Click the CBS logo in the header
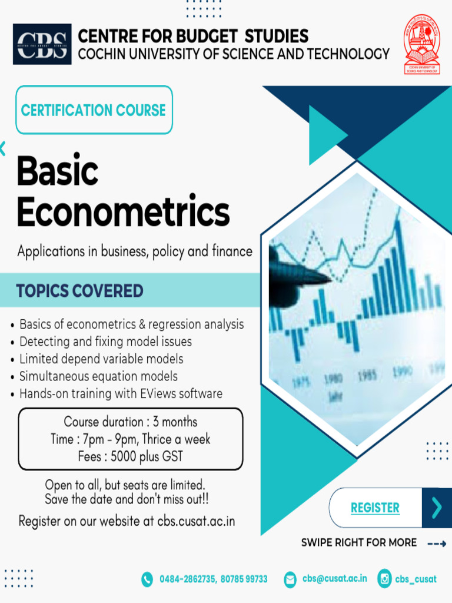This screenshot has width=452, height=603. [42, 44]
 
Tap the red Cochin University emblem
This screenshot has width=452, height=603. [422, 44]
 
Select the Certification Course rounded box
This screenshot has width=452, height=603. [94, 110]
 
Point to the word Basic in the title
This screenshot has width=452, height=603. [57, 171]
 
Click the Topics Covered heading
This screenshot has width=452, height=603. [79, 291]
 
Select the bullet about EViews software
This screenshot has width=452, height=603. [121, 393]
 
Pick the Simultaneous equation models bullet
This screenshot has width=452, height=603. [98, 376]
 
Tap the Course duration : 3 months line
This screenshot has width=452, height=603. [131, 422]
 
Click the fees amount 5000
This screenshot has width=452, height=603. [124, 456]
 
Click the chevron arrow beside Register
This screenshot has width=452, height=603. [437, 508]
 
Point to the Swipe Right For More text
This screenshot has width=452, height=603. [359, 542]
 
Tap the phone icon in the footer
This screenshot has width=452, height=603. [147, 579]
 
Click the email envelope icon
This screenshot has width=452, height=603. [290, 579]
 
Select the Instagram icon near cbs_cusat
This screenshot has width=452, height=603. [384, 579]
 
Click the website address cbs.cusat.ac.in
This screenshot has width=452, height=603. [196, 521]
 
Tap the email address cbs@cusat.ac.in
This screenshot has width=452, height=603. [334, 579]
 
